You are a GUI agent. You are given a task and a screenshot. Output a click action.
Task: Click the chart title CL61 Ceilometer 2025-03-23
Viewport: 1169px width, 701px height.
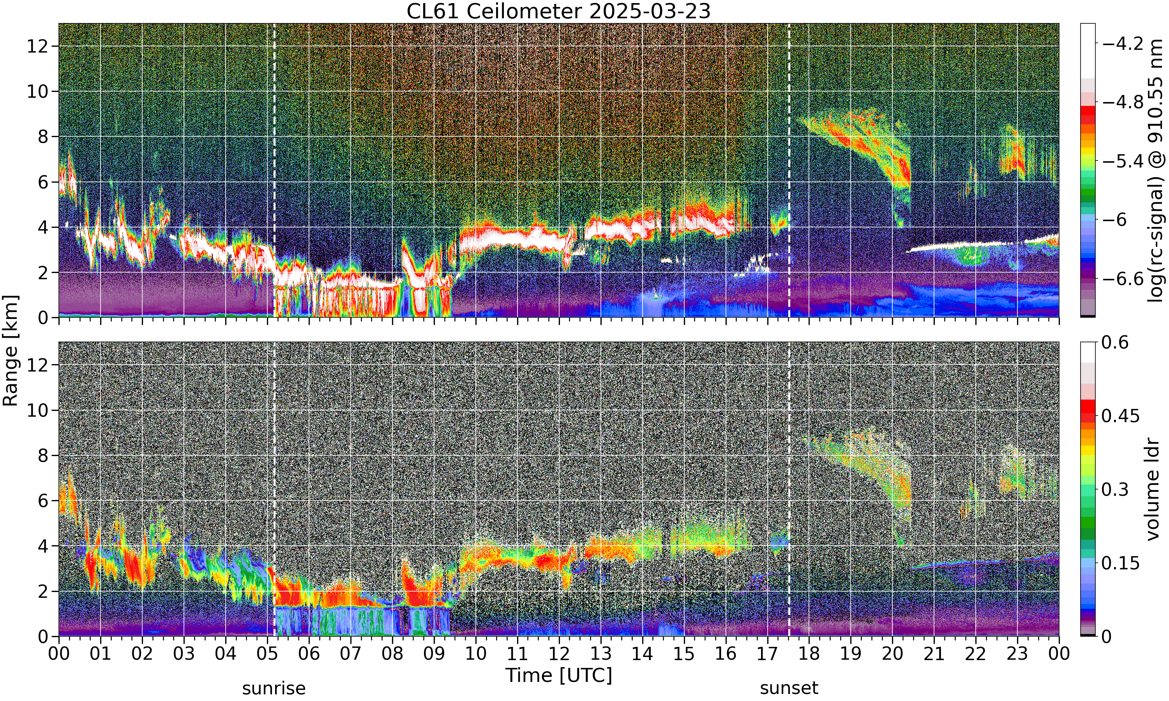[x=558, y=11]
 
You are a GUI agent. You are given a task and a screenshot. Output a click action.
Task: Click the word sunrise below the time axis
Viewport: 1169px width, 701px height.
[x=274, y=688]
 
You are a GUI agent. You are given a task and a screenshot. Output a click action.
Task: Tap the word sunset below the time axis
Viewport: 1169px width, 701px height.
[x=789, y=688]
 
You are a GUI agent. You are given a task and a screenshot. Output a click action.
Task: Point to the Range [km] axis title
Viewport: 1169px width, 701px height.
[x=11, y=350]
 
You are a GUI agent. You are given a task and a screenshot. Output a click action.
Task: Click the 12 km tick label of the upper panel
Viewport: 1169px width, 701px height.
[x=37, y=46]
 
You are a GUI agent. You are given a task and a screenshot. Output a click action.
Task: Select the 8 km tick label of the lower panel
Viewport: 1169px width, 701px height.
[x=44, y=455]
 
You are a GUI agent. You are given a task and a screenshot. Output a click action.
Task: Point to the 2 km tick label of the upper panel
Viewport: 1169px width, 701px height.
[x=44, y=273]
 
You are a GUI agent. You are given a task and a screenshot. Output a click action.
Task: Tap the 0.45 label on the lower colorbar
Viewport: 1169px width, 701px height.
[x=1121, y=416]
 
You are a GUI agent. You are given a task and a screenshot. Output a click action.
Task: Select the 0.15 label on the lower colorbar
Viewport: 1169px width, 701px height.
[x=1121, y=563]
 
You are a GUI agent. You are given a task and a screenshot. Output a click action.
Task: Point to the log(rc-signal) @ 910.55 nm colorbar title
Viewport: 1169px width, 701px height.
[x=1155, y=171]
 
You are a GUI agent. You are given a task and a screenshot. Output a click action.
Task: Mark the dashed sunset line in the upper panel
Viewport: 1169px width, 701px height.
[x=789, y=170]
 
